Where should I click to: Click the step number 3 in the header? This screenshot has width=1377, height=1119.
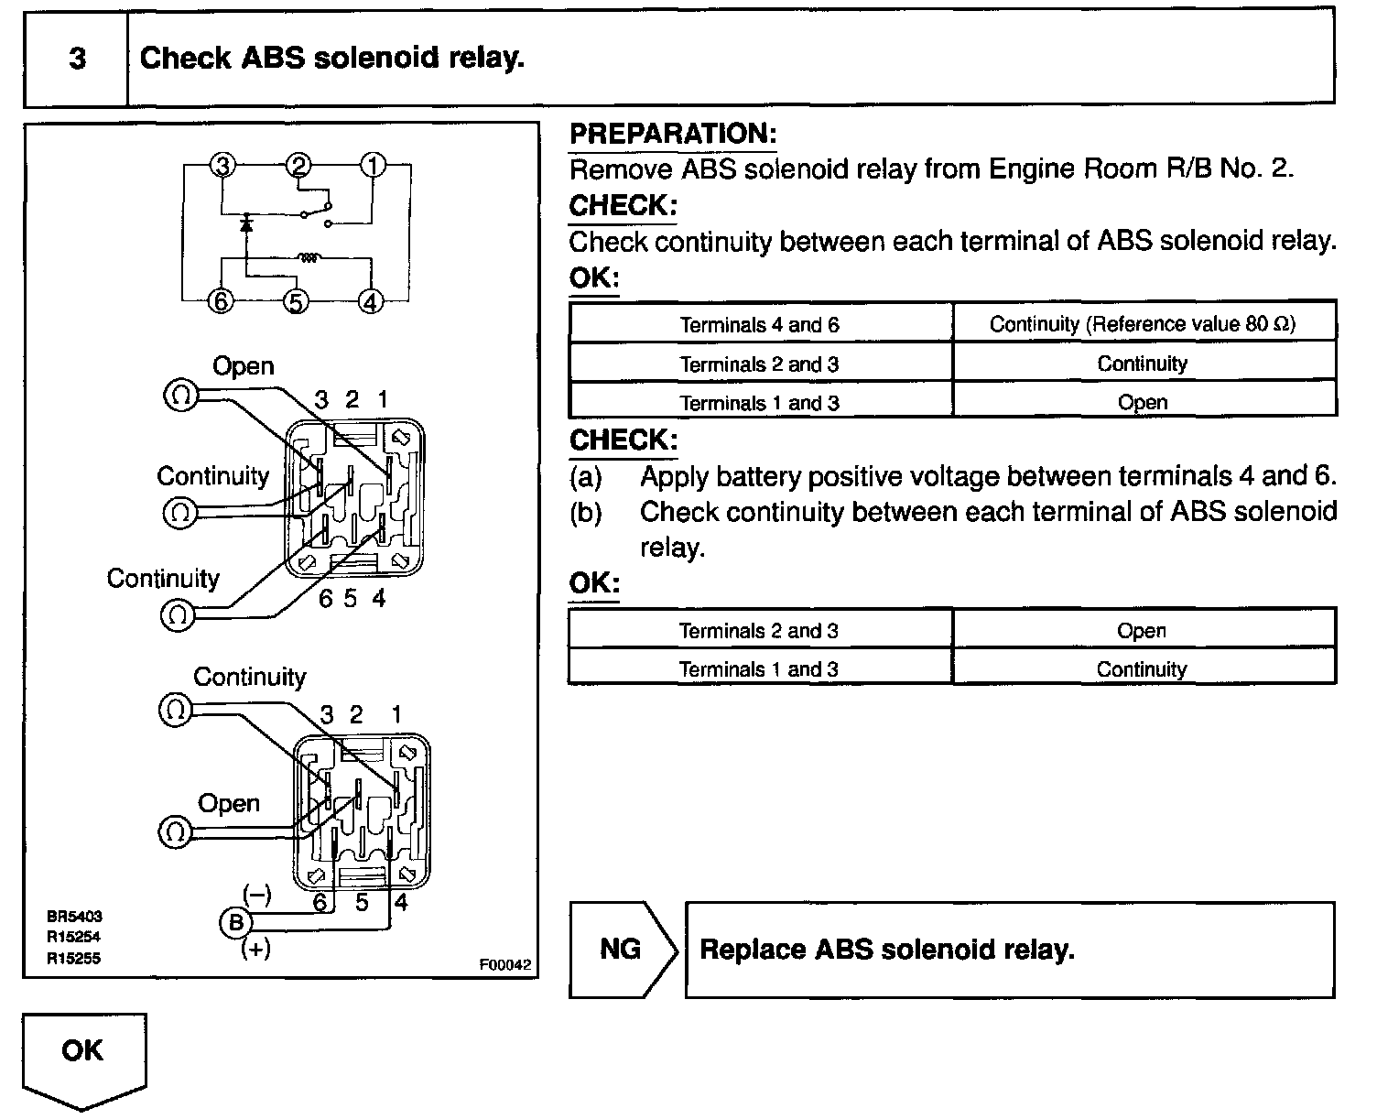[77, 60]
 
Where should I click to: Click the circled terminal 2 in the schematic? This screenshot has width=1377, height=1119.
[299, 166]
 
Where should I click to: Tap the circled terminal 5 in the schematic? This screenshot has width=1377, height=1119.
[295, 300]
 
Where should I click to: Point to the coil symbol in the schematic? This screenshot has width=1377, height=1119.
[309, 259]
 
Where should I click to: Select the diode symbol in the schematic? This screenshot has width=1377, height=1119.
[245, 223]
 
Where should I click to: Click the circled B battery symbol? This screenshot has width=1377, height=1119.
[235, 922]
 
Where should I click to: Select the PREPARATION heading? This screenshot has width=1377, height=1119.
[673, 134]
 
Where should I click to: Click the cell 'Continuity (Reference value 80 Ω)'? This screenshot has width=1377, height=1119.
[1144, 323]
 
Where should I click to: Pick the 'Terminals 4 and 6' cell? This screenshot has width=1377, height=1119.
[760, 324]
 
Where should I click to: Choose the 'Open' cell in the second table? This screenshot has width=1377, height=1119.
[1143, 630]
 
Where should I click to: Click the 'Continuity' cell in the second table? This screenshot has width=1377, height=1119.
[1143, 668]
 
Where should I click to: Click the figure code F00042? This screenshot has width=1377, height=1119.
[505, 964]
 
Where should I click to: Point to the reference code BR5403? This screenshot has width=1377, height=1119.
[74, 915]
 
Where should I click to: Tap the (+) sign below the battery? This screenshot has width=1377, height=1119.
[255, 950]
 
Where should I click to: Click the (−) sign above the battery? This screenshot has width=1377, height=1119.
[256, 895]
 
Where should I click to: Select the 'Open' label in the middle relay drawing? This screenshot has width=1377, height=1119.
[243, 366]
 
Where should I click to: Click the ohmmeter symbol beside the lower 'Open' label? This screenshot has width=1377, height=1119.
[175, 831]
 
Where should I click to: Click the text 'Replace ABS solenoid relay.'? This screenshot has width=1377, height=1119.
[886, 950]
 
